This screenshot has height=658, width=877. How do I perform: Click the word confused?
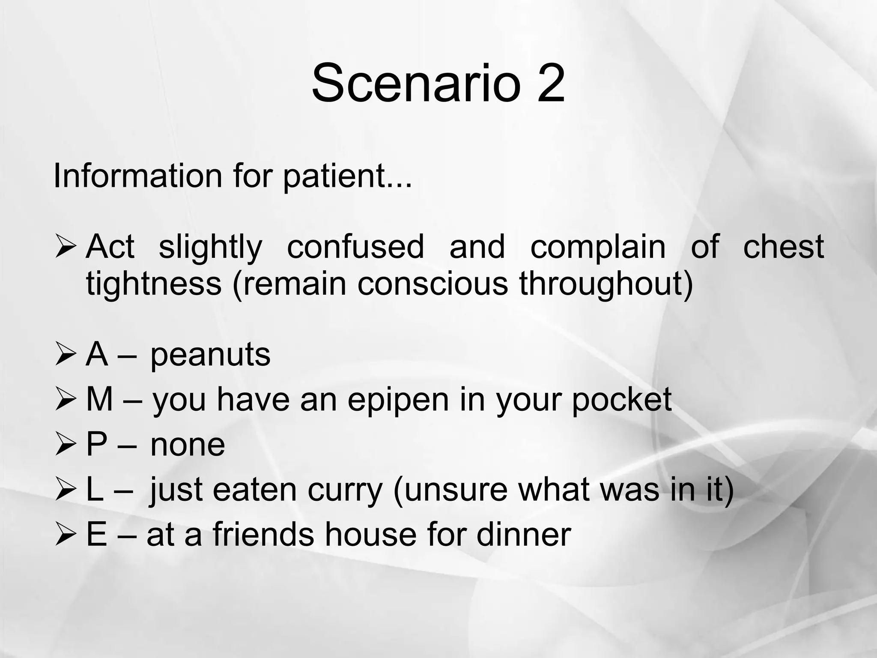click(355, 247)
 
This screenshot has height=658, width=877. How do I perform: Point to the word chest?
click(783, 247)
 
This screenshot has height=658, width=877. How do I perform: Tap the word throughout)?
click(606, 284)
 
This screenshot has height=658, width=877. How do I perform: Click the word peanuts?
click(210, 356)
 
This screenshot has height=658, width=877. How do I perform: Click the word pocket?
click(621, 399)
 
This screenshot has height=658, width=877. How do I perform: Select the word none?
click(188, 445)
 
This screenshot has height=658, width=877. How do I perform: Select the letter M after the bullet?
click(99, 399)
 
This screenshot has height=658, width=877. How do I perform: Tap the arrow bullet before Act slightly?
click(66, 248)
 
